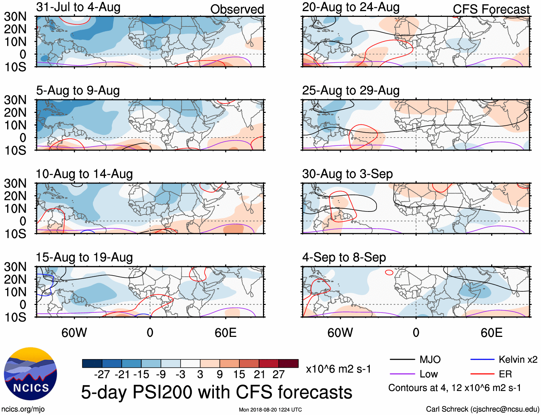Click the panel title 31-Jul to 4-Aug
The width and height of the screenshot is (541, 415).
(78, 7)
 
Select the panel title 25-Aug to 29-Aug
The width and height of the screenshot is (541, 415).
(350, 91)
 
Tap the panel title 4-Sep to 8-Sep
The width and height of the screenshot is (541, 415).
(344, 257)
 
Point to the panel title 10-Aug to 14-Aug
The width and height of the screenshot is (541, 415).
(84, 174)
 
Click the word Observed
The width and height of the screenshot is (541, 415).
(237, 9)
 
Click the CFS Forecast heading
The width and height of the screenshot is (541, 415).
(491, 9)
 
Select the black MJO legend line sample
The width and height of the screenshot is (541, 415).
(402, 359)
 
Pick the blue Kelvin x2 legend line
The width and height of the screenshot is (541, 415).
(482, 359)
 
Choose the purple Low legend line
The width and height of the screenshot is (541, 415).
(402, 374)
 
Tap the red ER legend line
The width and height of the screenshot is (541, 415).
(482, 374)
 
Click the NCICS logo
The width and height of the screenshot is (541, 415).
(30, 373)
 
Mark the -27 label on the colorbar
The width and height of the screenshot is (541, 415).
(102, 375)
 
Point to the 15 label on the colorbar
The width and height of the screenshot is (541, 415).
(239, 375)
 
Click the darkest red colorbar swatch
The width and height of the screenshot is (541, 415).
(288, 363)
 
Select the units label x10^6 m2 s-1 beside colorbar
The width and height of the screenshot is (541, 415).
(338, 369)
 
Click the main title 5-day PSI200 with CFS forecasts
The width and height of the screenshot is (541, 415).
(216, 392)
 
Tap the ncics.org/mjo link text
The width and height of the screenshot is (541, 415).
(23, 409)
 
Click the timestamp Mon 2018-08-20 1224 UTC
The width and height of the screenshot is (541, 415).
(270, 410)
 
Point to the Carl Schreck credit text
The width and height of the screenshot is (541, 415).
(482, 409)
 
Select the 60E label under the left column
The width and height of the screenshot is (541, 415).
(225, 333)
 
